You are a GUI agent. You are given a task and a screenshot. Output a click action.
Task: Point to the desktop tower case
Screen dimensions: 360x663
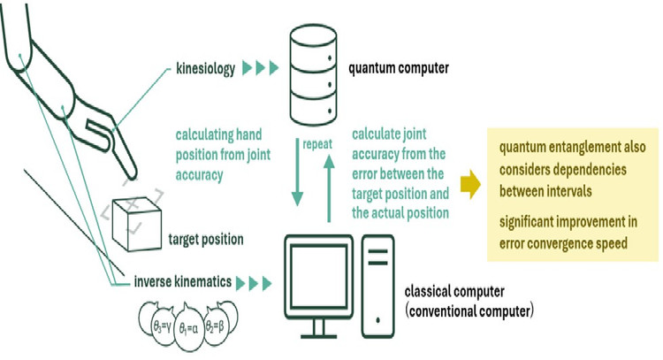(378, 281)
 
